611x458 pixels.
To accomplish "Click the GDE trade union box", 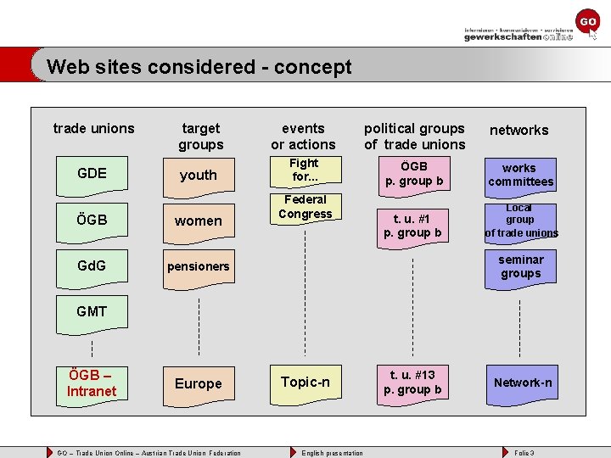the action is [92, 174].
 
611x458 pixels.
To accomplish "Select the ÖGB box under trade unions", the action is [92, 220].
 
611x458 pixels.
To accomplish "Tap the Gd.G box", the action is [92, 265].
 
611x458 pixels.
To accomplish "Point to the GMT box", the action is [92, 311].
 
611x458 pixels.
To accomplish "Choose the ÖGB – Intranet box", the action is [92, 383].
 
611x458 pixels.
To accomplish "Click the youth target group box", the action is [199, 175].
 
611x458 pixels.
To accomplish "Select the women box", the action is [199, 221].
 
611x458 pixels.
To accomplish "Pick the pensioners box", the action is [199, 266].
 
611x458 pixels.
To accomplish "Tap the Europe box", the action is [199, 383].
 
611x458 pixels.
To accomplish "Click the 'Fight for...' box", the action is [304, 170].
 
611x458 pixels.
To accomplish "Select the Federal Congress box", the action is [305, 207].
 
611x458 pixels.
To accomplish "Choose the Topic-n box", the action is [305, 383].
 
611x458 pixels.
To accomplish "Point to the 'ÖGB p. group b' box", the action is [413, 174].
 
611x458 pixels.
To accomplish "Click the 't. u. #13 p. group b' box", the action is [413, 383].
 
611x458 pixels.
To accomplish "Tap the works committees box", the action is [520, 175].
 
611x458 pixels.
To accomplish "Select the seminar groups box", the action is [520, 266].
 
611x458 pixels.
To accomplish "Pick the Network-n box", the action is [522, 383].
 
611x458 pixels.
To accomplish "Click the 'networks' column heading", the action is [519, 130].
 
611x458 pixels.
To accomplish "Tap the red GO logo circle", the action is [587, 20].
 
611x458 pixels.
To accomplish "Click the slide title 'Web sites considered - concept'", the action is [199, 66].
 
